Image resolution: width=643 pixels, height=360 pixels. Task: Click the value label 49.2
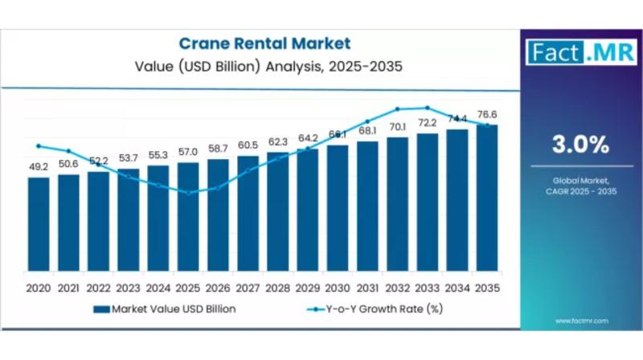pos(38,168)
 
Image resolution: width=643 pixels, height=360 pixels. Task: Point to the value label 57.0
pos(187,152)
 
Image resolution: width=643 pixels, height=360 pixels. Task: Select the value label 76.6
pos(486,114)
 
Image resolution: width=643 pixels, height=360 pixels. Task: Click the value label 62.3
pos(277,141)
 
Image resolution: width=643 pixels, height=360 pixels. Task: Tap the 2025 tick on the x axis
pos(187,288)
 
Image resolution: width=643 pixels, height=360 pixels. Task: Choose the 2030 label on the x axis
pos(337,288)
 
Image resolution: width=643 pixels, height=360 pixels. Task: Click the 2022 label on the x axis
pos(98,288)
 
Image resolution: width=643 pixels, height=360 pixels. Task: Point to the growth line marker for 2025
pos(187,193)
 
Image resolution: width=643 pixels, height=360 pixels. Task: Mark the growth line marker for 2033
pos(427,107)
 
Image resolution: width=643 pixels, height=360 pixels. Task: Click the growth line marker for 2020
pos(38,145)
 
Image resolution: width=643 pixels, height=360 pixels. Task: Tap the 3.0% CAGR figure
pos(579,145)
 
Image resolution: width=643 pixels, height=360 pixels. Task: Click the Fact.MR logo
pos(579,52)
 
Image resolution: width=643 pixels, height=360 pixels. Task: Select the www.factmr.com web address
pos(580,321)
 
